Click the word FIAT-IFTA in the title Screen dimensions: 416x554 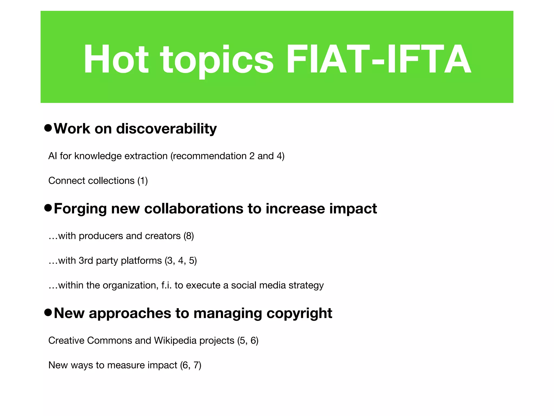(x=379, y=59)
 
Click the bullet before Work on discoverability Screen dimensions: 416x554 (x=48, y=128)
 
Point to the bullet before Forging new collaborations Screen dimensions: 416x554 (x=48, y=208)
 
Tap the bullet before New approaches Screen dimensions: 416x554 (x=48, y=313)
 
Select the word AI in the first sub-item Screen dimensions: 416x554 (x=52, y=156)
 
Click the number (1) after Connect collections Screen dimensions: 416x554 (x=143, y=181)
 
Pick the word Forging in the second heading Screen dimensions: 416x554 (x=80, y=209)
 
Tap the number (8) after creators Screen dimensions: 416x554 (x=189, y=236)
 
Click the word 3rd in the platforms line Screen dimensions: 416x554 (x=86, y=261)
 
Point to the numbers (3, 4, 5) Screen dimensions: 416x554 (x=180, y=261)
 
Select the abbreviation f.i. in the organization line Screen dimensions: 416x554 (x=166, y=285)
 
